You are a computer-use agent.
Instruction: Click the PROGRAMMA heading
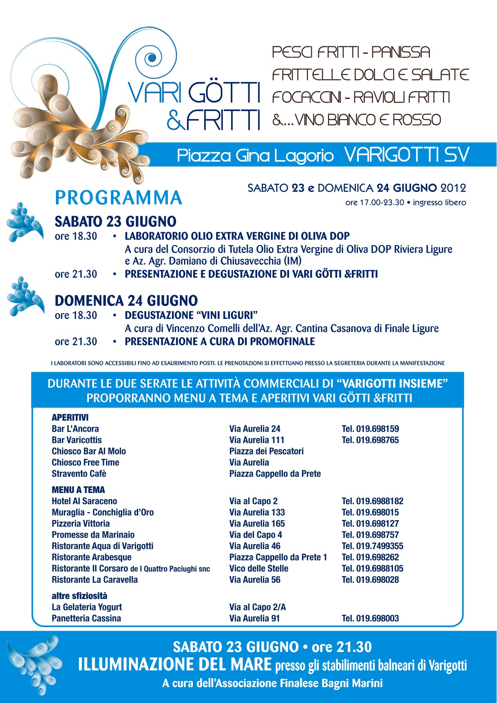click(119, 198)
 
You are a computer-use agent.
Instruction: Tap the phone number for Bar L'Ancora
click(370, 429)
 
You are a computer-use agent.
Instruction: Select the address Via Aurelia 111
click(257, 440)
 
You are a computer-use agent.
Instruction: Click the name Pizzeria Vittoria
click(81, 523)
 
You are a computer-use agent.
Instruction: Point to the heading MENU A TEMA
click(78, 490)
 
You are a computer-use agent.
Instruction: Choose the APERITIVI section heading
click(70, 417)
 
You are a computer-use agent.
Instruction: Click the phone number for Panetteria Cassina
click(370, 618)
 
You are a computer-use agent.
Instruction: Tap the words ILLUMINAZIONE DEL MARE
click(174, 664)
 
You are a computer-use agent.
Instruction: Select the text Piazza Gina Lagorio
click(255, 156)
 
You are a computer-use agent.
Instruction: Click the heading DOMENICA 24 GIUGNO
click(126, 301)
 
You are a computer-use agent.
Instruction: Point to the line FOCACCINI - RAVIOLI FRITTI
click(361, 97)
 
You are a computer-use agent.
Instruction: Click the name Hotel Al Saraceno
click(84, 501)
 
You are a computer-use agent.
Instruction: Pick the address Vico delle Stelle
click(259, 569)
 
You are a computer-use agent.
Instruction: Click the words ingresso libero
click(439, 202)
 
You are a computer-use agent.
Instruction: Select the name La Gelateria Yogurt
click(87, 607)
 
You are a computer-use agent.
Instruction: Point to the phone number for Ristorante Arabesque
click(370, 557)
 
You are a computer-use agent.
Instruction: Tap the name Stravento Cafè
click(79, 474)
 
